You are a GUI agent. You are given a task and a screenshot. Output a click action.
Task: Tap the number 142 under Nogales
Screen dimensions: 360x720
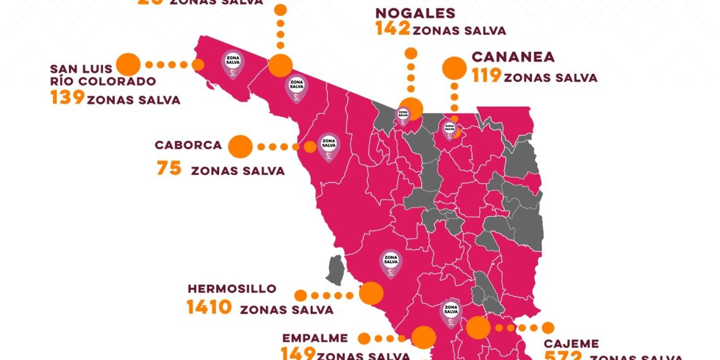(x=392, y=28)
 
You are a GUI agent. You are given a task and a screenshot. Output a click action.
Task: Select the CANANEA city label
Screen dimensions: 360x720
(x=513, y=57)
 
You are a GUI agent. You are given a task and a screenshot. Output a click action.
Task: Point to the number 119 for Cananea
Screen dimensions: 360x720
(x=486, y=76)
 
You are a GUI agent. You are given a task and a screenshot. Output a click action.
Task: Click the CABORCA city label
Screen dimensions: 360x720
(x=188, y=145)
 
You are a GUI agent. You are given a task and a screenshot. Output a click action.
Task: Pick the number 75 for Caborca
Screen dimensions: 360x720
(x=169, y=169)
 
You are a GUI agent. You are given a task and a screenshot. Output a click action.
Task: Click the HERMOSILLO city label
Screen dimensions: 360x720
(x=232, y=289)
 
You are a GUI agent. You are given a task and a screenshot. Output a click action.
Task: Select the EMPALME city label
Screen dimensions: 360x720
(x=316, y=338)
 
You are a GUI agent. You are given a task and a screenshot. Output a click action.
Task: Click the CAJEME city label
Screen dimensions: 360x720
(x=572, y=344)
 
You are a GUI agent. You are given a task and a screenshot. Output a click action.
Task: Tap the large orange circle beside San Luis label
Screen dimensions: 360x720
(x=129, y=64)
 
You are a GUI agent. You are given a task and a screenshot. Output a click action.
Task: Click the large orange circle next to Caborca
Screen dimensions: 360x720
(x=239, y=147)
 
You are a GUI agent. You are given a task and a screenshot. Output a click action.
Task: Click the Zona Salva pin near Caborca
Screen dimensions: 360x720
(x=328, y=147)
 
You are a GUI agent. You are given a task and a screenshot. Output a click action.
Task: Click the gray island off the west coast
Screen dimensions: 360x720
(x=335, y=270)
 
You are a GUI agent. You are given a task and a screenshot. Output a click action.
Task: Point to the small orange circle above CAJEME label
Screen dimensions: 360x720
(x=548, y=328)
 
